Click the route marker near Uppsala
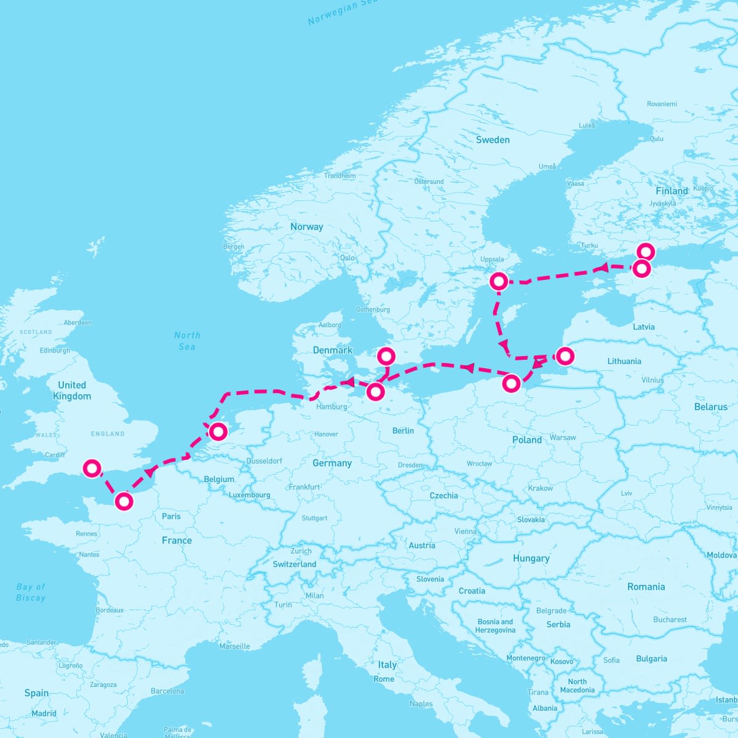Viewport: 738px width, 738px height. click(499, 282)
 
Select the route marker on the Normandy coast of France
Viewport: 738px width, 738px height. click(124, 501)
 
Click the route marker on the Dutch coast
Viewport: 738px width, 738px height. click(218, 432)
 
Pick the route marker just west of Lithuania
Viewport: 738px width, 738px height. click(565, 355)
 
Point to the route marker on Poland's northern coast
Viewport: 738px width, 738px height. click(511, 384)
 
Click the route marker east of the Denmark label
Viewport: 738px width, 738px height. click(386, 355)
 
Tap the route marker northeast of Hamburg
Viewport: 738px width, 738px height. click(375, 391)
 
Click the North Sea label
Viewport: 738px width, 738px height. click(187, 341)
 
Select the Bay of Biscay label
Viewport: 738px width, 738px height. click(31, 592)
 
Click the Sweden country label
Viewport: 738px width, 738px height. click(493, 140)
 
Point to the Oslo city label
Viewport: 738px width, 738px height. click(347, 258)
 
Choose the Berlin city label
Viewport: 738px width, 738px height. click(403, 430)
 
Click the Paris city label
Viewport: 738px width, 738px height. click(171, 516)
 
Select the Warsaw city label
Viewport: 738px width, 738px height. click(563, 437)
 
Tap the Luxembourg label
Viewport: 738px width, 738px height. click(250, 495)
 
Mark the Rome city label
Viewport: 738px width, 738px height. click(384, 679)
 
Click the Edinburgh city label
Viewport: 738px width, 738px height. click(55, 351)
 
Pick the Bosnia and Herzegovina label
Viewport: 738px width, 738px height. click(495, 625)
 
